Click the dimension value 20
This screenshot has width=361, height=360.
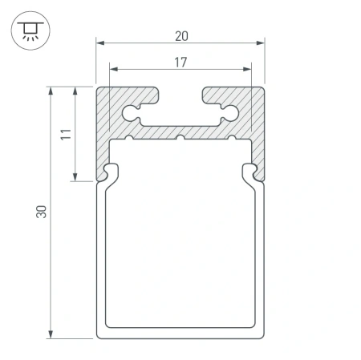pos(181,36)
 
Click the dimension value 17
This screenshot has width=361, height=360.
pos(180,63)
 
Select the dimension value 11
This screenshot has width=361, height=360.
pos(66,134)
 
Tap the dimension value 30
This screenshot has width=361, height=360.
pos(41,212)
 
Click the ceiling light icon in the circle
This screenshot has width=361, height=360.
pos(30,30)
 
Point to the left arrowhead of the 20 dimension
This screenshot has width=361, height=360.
pos(100,42)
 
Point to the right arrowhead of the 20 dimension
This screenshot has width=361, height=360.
pos(261,42)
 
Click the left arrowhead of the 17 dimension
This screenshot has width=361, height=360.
pos(114,69)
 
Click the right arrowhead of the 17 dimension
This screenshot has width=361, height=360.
pos(247,69)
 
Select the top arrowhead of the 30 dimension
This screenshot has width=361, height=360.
pos(51,91)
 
